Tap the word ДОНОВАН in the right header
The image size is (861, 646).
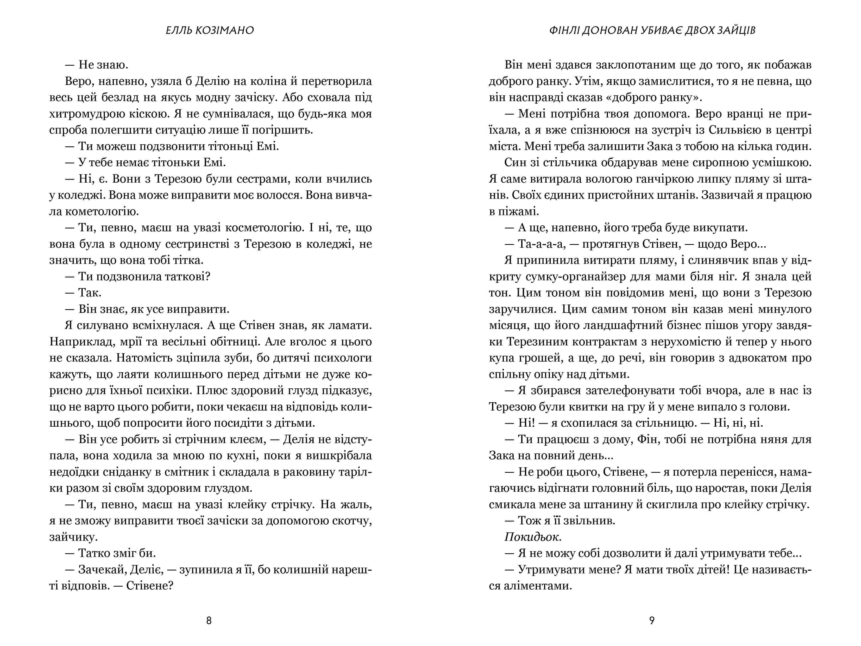click(x=610, y=30)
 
